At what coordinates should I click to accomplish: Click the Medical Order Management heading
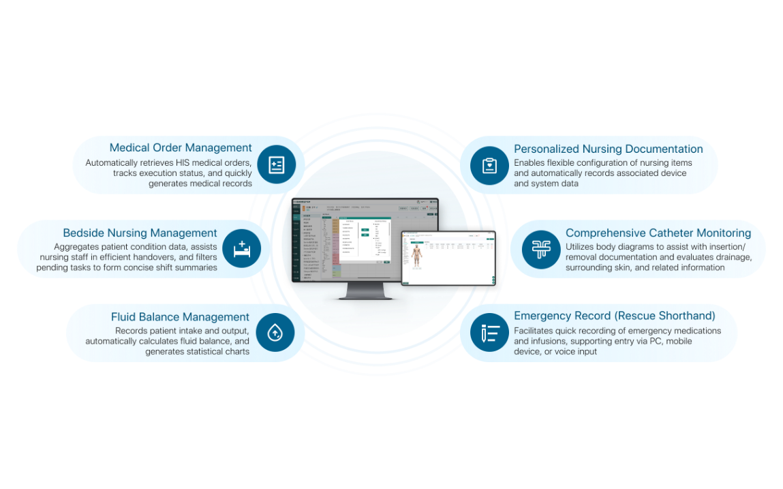point(181,148)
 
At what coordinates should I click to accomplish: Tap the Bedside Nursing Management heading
point(140,233)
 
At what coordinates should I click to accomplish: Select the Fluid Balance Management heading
point(180,317)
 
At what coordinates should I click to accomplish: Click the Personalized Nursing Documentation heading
point(608,149)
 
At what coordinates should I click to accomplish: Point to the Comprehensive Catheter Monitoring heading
point(658,233)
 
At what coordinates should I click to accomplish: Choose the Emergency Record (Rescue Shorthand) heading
point(614,316)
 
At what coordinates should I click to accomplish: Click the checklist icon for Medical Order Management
point(276,165)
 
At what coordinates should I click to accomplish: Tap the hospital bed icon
point(242,249)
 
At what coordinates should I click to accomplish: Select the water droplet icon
point(275,333)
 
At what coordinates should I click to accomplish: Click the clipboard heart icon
point(489,166)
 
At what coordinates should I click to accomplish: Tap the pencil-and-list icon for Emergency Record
point(489,333)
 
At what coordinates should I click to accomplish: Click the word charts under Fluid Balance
point(236,352)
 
